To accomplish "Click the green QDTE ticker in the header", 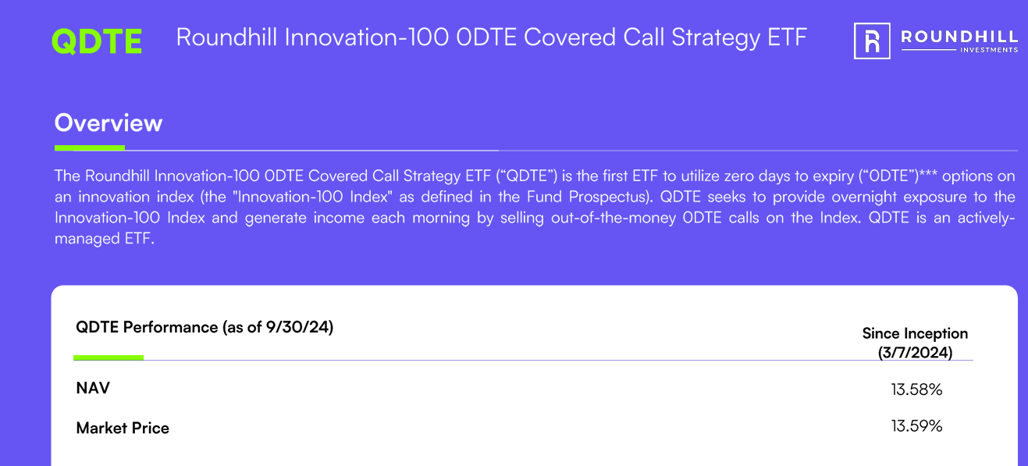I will point(97,41).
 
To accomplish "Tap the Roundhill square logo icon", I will point(872,41).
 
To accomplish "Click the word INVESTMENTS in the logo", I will point(987,50).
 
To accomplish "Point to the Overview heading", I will point(108,123).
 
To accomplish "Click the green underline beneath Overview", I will point(90,148).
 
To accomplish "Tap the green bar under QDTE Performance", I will point(108,358).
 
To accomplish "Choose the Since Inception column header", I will point(915,333).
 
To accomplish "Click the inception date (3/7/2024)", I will point(915,352).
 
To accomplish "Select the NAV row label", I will point(93,388).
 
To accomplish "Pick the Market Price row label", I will point(123,428).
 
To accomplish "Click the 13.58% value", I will point(916,389).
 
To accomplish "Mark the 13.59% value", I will point(916,426).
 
